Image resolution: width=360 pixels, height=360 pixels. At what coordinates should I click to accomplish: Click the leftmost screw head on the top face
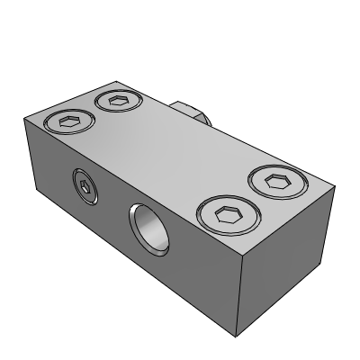(68, 121)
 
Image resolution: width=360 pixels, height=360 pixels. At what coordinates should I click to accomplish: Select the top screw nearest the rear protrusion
(116, 100)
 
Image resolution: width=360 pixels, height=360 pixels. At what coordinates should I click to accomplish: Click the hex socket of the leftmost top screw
(68, 121)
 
